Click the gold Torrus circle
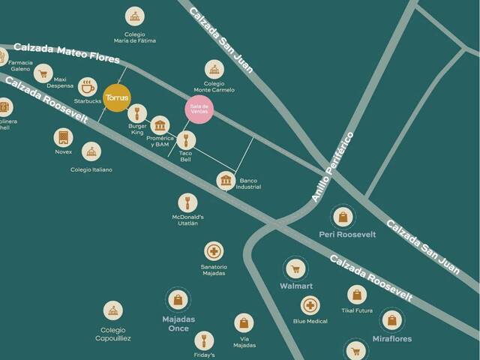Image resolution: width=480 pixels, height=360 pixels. click(118, 98)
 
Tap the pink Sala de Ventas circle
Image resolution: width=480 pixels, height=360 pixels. click(199, 109)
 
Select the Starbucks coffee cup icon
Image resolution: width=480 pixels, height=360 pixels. click(88, 86)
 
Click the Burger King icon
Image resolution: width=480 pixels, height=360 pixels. click(136, 114)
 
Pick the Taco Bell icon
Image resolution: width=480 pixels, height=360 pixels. click(186, 139)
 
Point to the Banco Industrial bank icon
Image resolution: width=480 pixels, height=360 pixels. click(226, 181)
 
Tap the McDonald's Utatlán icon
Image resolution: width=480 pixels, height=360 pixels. click(187, 202)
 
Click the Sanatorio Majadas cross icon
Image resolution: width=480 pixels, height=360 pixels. click(214, 251)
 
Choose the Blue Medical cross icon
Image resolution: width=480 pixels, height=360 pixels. click(310, 305)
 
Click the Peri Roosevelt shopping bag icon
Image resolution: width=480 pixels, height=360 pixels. click(343, 217)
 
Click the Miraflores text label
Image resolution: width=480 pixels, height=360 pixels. click(392, 339)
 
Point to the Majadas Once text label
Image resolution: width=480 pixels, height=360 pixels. click(178, 323)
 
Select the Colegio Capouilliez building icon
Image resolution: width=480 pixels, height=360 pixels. click(112, 310)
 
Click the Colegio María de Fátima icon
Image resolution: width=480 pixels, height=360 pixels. click(134, 16)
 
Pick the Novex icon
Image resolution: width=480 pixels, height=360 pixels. click(63, 137)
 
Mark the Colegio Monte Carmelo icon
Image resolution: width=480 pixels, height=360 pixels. click(214, 70)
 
